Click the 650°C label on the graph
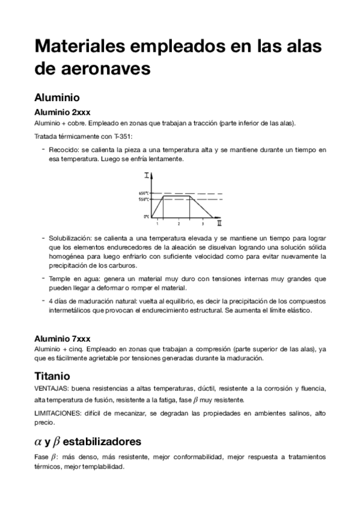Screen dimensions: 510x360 tap(143, 192)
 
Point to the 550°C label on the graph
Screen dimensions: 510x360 tap(143, 199)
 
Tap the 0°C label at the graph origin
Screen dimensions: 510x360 tap(146, 217)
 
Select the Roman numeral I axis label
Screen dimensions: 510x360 tap(147, 175)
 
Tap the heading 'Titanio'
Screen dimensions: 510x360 tap(52, 376)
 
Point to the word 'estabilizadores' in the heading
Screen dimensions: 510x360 tap(107, 441)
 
